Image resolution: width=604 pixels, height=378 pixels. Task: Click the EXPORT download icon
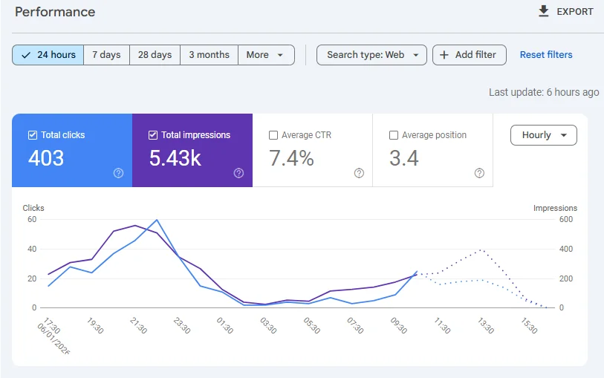[544, 11]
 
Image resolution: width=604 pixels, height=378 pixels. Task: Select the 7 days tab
[106, 55]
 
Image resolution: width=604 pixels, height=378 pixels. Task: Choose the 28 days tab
[155, 55]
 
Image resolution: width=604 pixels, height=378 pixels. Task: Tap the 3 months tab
[210, 55]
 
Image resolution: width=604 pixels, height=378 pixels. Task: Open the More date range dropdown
[266, 55]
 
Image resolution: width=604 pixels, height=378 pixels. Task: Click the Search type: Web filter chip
[371, 55]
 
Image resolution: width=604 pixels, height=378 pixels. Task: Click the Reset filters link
[546, 55]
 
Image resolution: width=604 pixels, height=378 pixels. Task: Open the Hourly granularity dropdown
[544, 135]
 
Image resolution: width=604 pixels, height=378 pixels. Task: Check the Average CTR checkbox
[273, 135]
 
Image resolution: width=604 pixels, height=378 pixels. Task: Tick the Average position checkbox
[394, 135]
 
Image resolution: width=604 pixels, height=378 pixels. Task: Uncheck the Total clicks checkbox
[33, 135]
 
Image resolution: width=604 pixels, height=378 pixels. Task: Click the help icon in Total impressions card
[238, 173]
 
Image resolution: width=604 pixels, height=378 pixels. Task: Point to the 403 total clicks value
[46, 158]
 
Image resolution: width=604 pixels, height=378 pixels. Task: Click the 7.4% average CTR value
[291, 158]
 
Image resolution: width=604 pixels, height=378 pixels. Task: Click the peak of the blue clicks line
[157, 220]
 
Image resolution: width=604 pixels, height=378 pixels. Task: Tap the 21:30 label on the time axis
[138, 326]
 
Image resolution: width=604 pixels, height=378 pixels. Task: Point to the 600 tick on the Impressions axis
[566, 219]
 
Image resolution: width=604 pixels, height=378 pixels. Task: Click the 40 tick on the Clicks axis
[32, 249]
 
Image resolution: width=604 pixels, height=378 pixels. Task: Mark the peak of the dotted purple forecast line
[481, 250]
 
